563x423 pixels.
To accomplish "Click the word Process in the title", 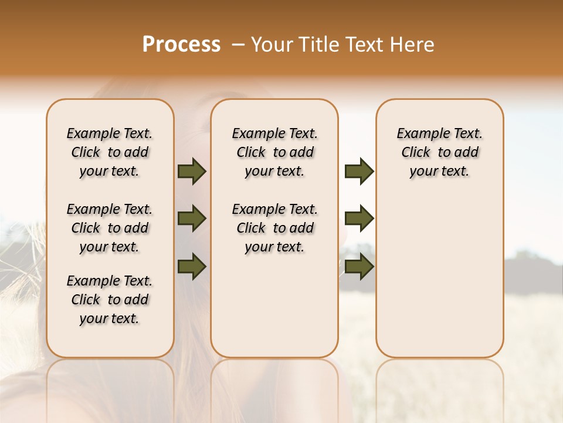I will [181, 44].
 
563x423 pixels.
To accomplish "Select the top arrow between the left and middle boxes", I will [192, 171].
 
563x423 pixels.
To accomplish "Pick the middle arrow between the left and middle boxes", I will [192, 219].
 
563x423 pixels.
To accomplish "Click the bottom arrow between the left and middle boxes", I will [192, 266].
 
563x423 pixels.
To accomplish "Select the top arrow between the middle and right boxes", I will [359, 171].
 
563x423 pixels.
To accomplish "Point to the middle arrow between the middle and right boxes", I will [359, 219].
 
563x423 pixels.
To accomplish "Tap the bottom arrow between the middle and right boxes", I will [359, 266].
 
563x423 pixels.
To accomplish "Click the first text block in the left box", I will [110, 152].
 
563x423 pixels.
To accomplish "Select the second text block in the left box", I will [110, 228].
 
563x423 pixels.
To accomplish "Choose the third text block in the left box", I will [110, 300].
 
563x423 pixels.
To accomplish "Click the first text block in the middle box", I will [274, 152].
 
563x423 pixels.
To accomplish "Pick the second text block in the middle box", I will [274, 228].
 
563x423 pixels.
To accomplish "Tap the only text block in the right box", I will [439, 152].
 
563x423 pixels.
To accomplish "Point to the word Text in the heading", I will [364, 45].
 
